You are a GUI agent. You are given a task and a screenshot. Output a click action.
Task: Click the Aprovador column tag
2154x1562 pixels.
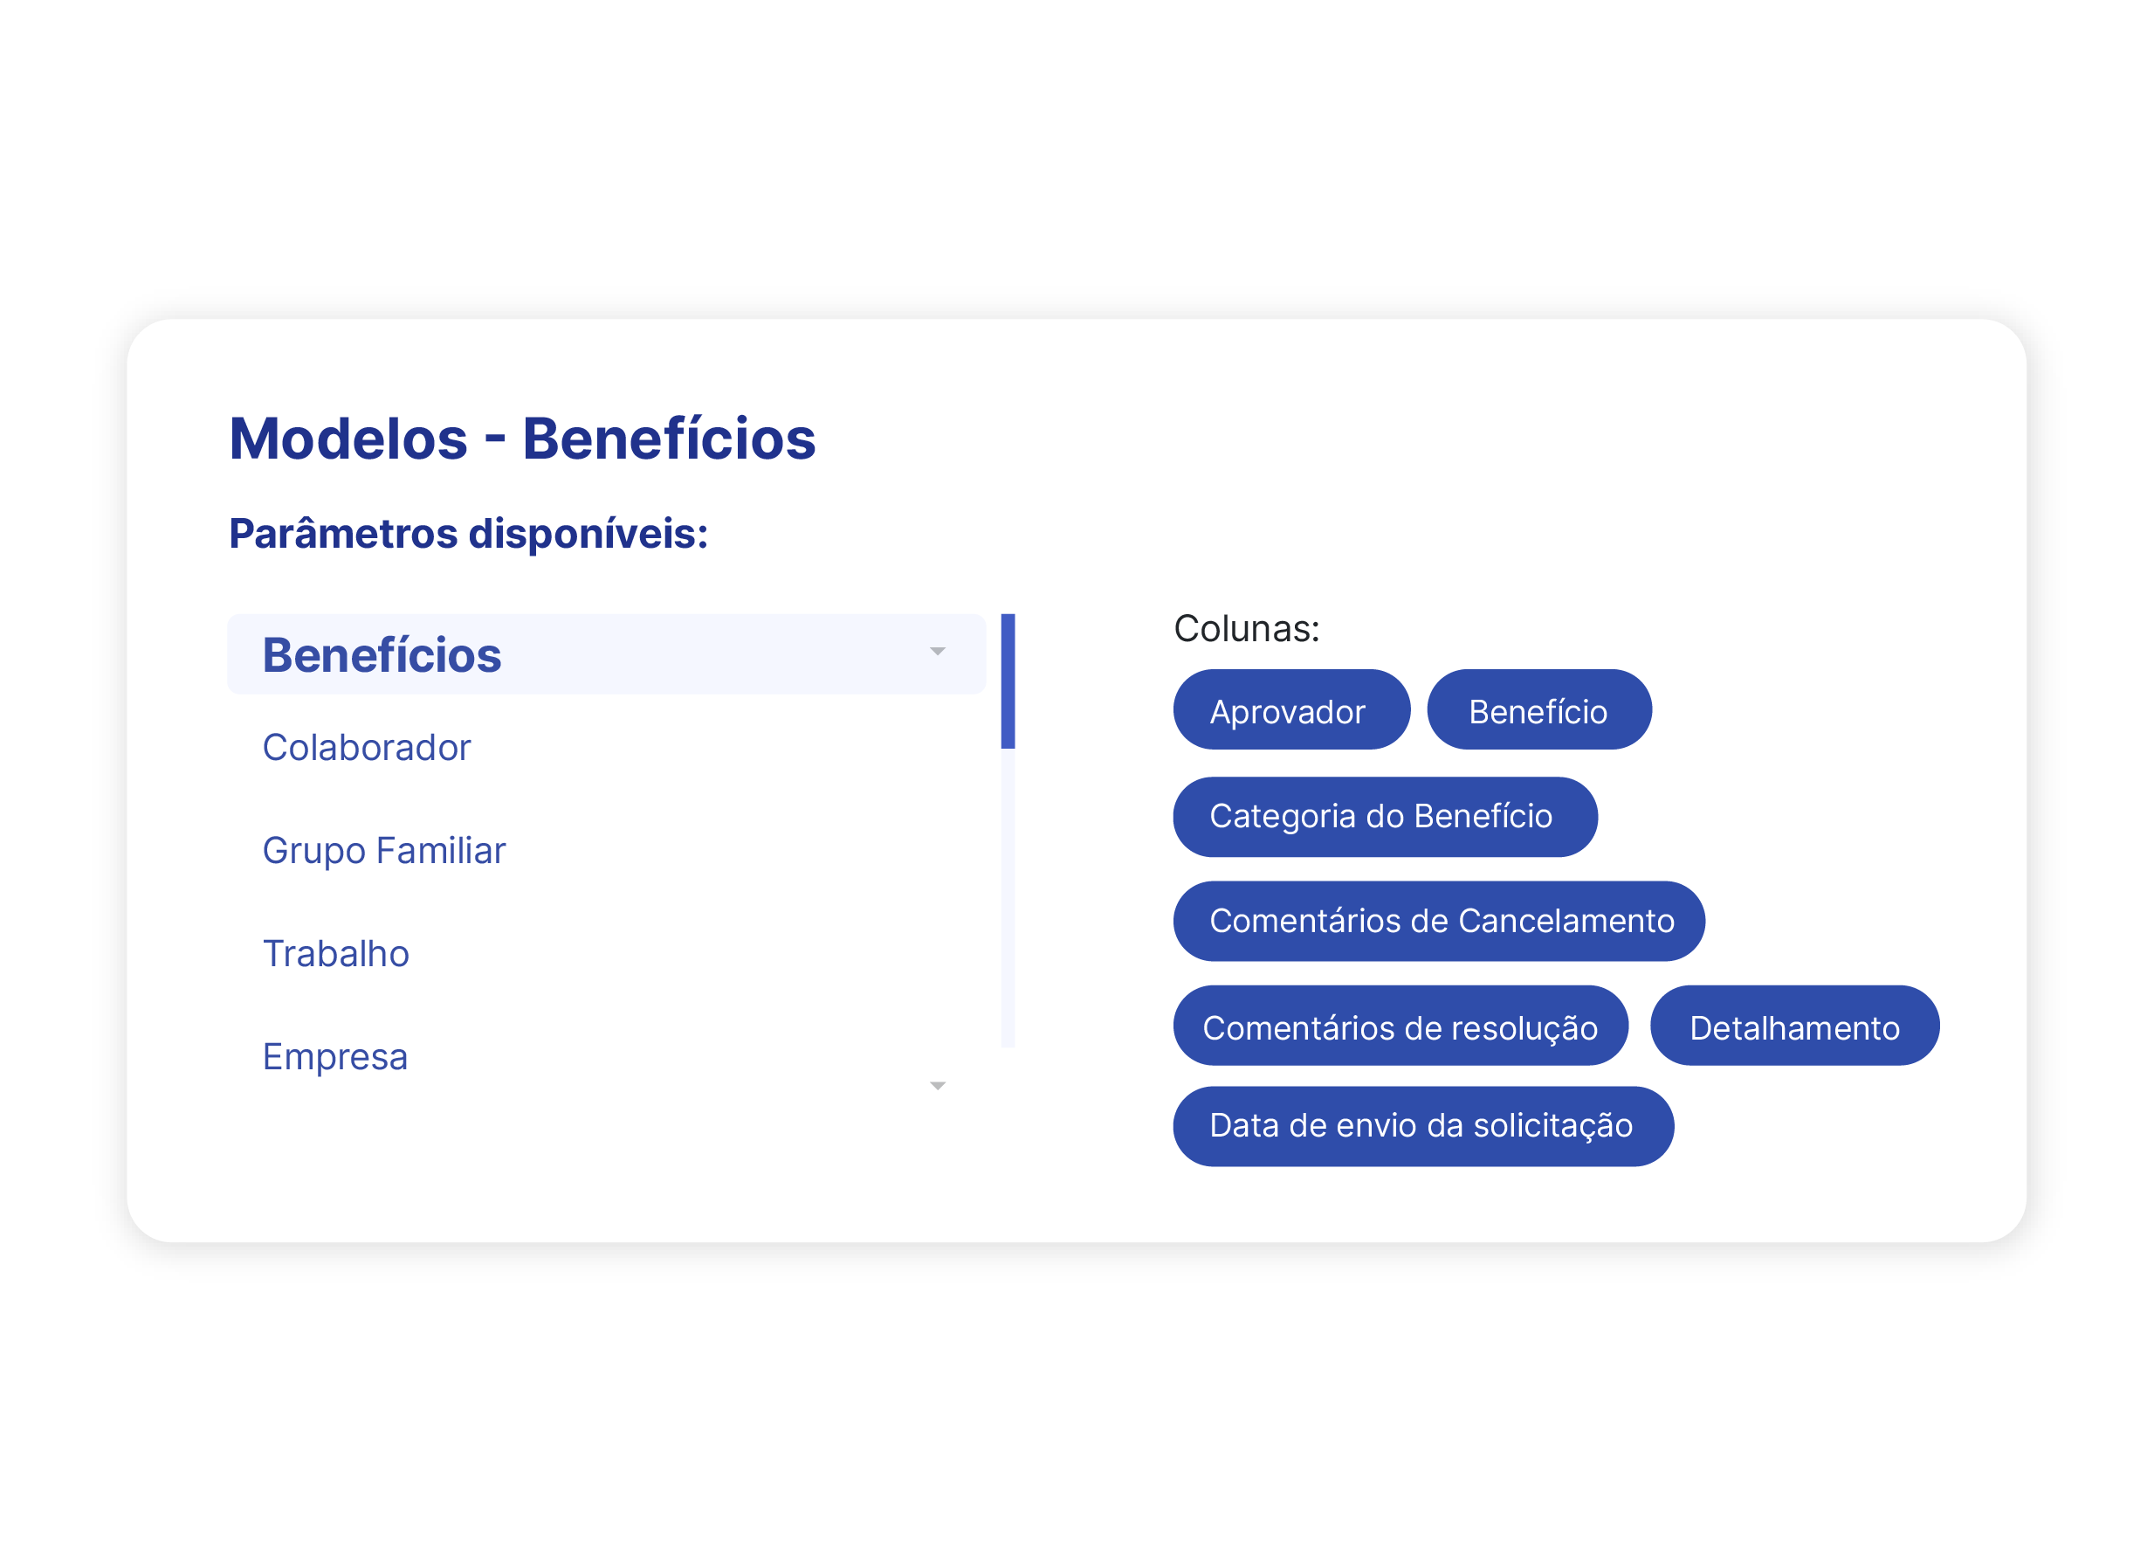(x=1290, y=711)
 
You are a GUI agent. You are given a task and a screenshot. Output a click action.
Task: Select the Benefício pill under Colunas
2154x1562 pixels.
(x=1538, y=711)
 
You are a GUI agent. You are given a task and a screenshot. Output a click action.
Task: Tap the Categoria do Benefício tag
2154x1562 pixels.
(x=1384, y=816)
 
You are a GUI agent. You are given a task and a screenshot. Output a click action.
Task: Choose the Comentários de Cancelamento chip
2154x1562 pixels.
(x=1438, y=921)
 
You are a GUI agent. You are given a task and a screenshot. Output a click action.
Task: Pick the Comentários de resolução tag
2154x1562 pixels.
(x=1400, y=1026)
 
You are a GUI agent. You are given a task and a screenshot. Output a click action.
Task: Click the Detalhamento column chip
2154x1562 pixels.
(x=1794, y=1026)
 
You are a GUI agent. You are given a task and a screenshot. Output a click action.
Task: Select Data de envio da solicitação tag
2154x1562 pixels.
(x=1421, y=1126)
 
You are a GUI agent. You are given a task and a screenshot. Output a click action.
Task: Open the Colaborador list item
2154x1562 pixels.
(x=367, y=748)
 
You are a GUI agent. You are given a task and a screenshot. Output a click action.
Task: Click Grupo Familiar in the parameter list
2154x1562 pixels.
(x=383, y=850)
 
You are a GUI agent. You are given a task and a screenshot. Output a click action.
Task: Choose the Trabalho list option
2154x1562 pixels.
(x=336, y=953)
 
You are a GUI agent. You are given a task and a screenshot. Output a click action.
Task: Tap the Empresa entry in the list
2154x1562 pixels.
(x=335, y=1056)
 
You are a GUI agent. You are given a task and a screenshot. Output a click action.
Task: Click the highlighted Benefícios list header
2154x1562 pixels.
(x=382, y=654)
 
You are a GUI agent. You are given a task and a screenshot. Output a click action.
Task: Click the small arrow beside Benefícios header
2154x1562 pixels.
(x=938, y=652)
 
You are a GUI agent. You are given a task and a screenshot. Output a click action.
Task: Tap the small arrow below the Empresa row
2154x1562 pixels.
(x=938, y=1086)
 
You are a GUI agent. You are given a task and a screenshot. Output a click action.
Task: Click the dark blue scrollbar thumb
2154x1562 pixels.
(x=1008, y=681)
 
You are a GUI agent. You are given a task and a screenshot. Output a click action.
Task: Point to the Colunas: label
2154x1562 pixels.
(x=1246, y=628)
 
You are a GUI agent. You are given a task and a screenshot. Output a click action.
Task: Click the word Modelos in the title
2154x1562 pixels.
(x=348, y=439)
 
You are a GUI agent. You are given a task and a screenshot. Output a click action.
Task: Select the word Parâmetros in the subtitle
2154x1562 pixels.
(x=343, y=533)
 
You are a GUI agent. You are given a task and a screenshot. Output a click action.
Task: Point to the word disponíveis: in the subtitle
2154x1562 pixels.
(x=588, y=533)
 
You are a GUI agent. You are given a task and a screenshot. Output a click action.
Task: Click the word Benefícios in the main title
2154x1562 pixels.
(x=669, y=439)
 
